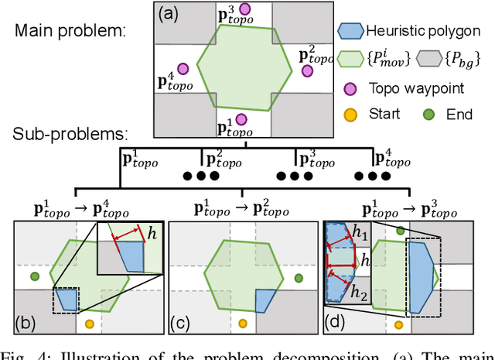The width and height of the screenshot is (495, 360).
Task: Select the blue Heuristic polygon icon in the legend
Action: pyautogui.click(x=351, y=32)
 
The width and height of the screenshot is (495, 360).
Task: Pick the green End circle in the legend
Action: pyautogui.click(x=428, y=115)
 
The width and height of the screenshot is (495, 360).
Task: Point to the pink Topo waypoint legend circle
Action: pyautogui.click(x=351, y=87)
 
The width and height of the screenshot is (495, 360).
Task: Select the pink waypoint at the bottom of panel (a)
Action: pyautogui.click(x=242, y=118)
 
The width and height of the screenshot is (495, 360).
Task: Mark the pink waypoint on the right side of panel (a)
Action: pyautogui.click(x=307, y=70)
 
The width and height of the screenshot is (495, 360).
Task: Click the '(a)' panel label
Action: pyautogui.click(x=172, y=13)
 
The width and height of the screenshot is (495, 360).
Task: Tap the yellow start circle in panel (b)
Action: pyautogui.click(x=89, y=323)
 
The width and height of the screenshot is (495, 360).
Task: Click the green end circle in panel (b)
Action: pyautogui.click(x=33, y=275)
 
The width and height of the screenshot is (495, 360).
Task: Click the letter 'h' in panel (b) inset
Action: pyautogui.click(x=153, y=231)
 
